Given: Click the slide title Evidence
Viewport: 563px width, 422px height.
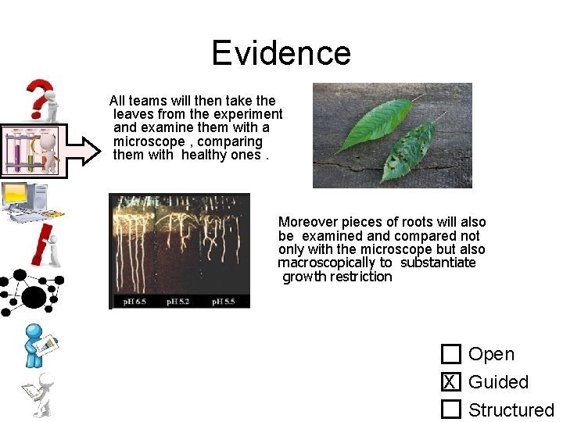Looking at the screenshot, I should coord(281,53).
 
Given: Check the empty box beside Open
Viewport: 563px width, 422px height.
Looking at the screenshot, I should coord(450,355).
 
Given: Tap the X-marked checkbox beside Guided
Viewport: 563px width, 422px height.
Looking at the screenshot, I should coord(450,382).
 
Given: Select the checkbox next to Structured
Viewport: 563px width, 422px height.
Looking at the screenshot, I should coord(450,409).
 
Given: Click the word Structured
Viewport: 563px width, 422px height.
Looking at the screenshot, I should coord(511,409).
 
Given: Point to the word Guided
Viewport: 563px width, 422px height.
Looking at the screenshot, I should coord(498,382).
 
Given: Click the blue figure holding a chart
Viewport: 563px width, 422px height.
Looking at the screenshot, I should coord(39,344).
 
